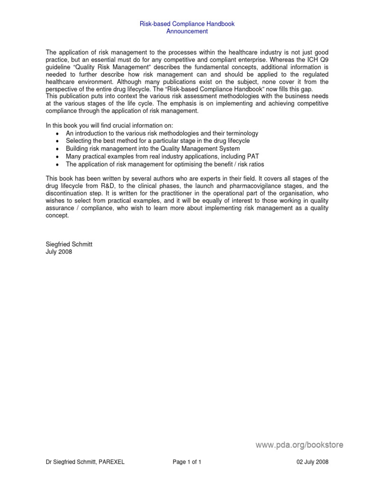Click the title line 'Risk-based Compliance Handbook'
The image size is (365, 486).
pos(187,24)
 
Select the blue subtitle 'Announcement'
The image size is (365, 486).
pos(187,31)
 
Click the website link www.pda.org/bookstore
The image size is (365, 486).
pos(299,445)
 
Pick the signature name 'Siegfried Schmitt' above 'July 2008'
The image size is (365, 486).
pos(69,244)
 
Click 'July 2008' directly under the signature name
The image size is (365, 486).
pos(59,252)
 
